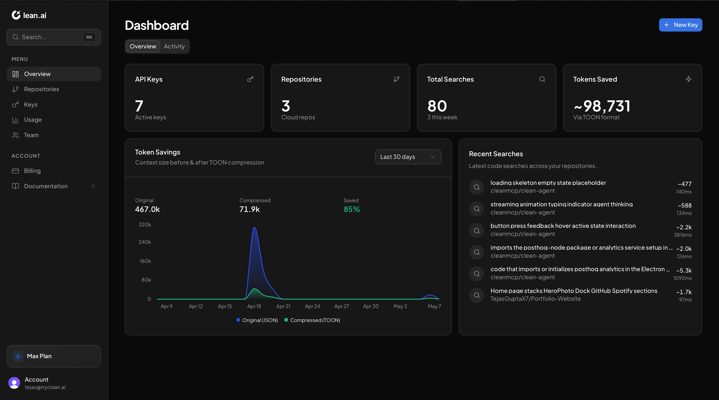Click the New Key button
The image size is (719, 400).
click(x=680, y=25)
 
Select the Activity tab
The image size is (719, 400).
click(x=174, y=46)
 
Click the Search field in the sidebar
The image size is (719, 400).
click(x=54, y=37)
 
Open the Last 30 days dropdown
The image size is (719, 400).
click(x=408, y=157)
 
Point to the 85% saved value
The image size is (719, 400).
click(x=352, y=209)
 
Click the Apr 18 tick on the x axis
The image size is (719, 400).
click(x=254, y=306)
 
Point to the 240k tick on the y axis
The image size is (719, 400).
click(x=145, y=242)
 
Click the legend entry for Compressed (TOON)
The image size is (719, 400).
click(x=312, y=320)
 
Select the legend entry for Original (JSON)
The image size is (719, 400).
click(x=257, y=320)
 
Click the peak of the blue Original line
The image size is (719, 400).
click(x=254, y=227)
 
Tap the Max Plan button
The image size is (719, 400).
click(x=54, y=356)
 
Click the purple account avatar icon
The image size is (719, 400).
click(x=14, y=383)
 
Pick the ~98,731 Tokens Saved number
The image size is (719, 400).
click(x=602, y=106)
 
